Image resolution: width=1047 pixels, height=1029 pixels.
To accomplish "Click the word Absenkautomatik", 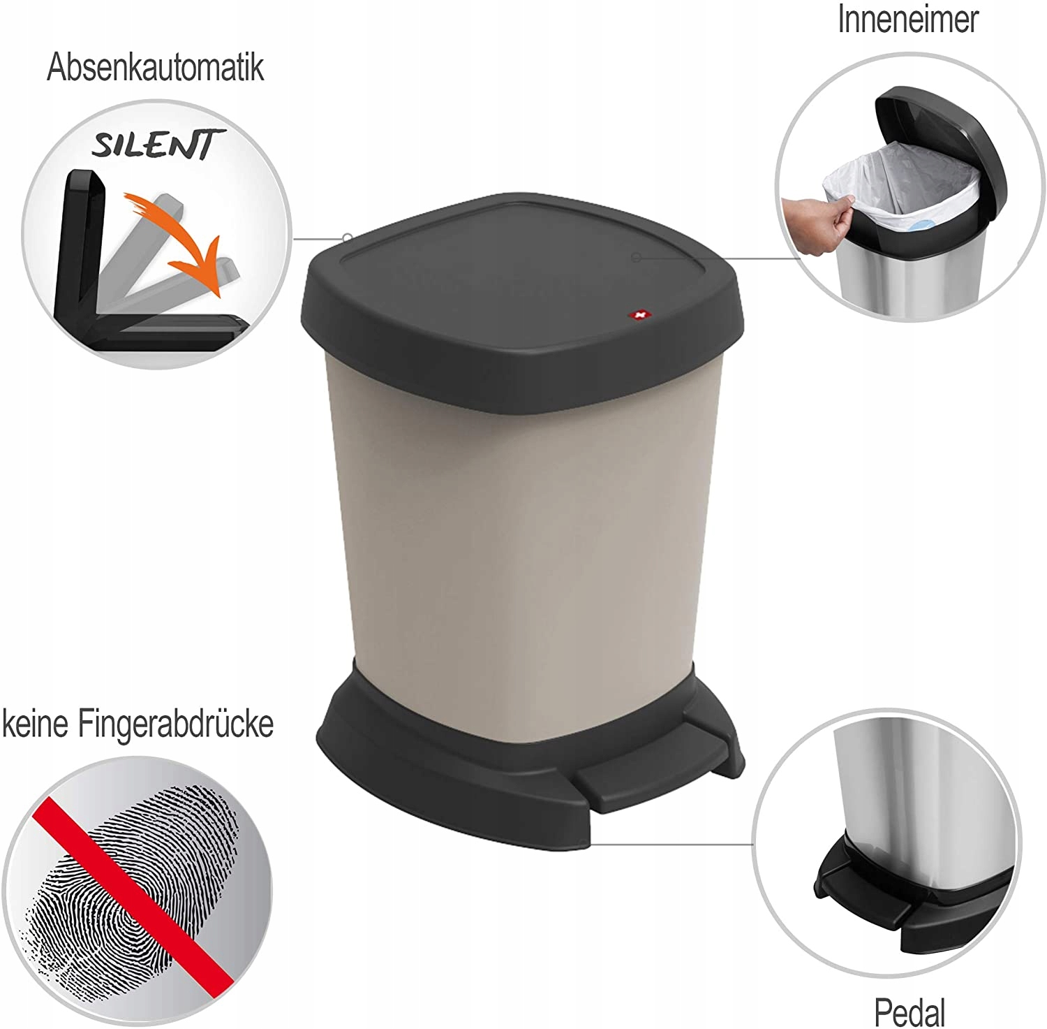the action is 155,68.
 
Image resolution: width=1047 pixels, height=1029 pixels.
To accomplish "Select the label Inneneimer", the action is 908,19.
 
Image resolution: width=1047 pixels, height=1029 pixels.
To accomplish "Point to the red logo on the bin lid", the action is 636,316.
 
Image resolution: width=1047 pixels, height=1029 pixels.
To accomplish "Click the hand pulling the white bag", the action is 817,217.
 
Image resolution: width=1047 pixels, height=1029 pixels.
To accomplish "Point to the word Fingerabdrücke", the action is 175,724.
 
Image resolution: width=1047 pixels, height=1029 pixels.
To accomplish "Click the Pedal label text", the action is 909,1011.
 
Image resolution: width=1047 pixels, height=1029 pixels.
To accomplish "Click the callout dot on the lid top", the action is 636,258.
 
